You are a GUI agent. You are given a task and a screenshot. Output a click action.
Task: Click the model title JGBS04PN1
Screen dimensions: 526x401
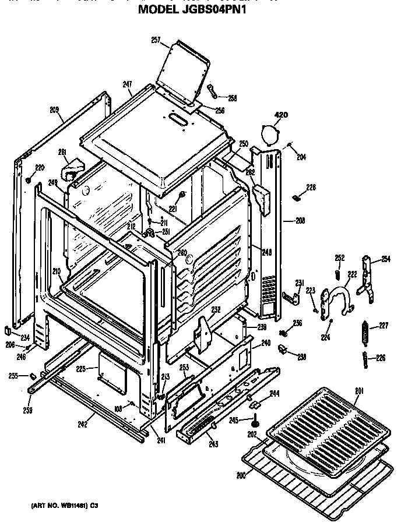tap(200, 9)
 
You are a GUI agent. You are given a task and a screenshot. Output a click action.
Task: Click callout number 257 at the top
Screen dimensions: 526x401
tap(156, 40)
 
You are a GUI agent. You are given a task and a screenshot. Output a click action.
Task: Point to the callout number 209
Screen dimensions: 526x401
tap(55, 110)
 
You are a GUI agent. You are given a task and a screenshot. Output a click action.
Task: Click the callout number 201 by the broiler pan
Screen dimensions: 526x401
tap(360, 390)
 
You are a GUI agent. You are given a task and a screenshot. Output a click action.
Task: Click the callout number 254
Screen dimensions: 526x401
tap(386, 259)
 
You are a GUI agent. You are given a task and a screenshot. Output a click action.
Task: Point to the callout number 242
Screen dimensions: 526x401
tap(82, 424)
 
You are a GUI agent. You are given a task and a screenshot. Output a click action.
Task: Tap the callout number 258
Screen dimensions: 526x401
tap(233, 98)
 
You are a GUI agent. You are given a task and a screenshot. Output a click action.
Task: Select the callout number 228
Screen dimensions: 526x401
tap(311, 187)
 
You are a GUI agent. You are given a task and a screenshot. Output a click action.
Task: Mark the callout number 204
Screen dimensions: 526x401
tap(301, 157)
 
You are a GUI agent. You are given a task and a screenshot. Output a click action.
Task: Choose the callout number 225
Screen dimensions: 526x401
tap(81, 368)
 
